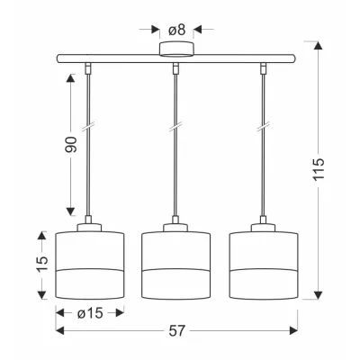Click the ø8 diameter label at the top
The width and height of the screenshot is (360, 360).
176,30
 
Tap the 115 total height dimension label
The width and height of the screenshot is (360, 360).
319,169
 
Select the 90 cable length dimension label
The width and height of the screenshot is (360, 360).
71,144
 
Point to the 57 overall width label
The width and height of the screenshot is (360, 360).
176,331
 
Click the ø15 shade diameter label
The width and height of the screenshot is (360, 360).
90,313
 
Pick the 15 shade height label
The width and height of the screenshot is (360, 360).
42,264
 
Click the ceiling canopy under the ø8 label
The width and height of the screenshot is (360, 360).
176,49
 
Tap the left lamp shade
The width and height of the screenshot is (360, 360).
90,265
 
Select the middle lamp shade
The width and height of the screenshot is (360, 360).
175,265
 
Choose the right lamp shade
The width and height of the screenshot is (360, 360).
264,265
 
